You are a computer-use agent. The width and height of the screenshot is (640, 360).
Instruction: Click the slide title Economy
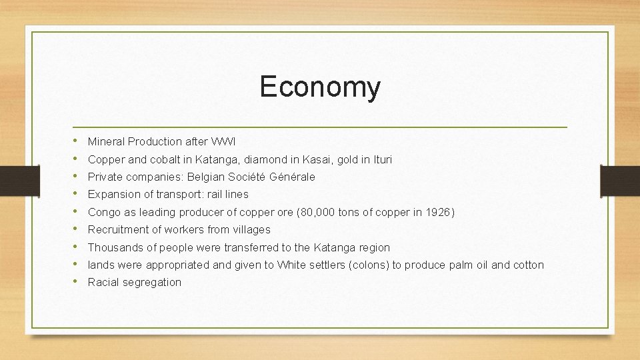point(320,87)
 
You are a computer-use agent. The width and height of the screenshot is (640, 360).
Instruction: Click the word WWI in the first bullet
point(223,141)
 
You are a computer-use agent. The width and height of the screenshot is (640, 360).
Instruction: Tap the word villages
point(251,229)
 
